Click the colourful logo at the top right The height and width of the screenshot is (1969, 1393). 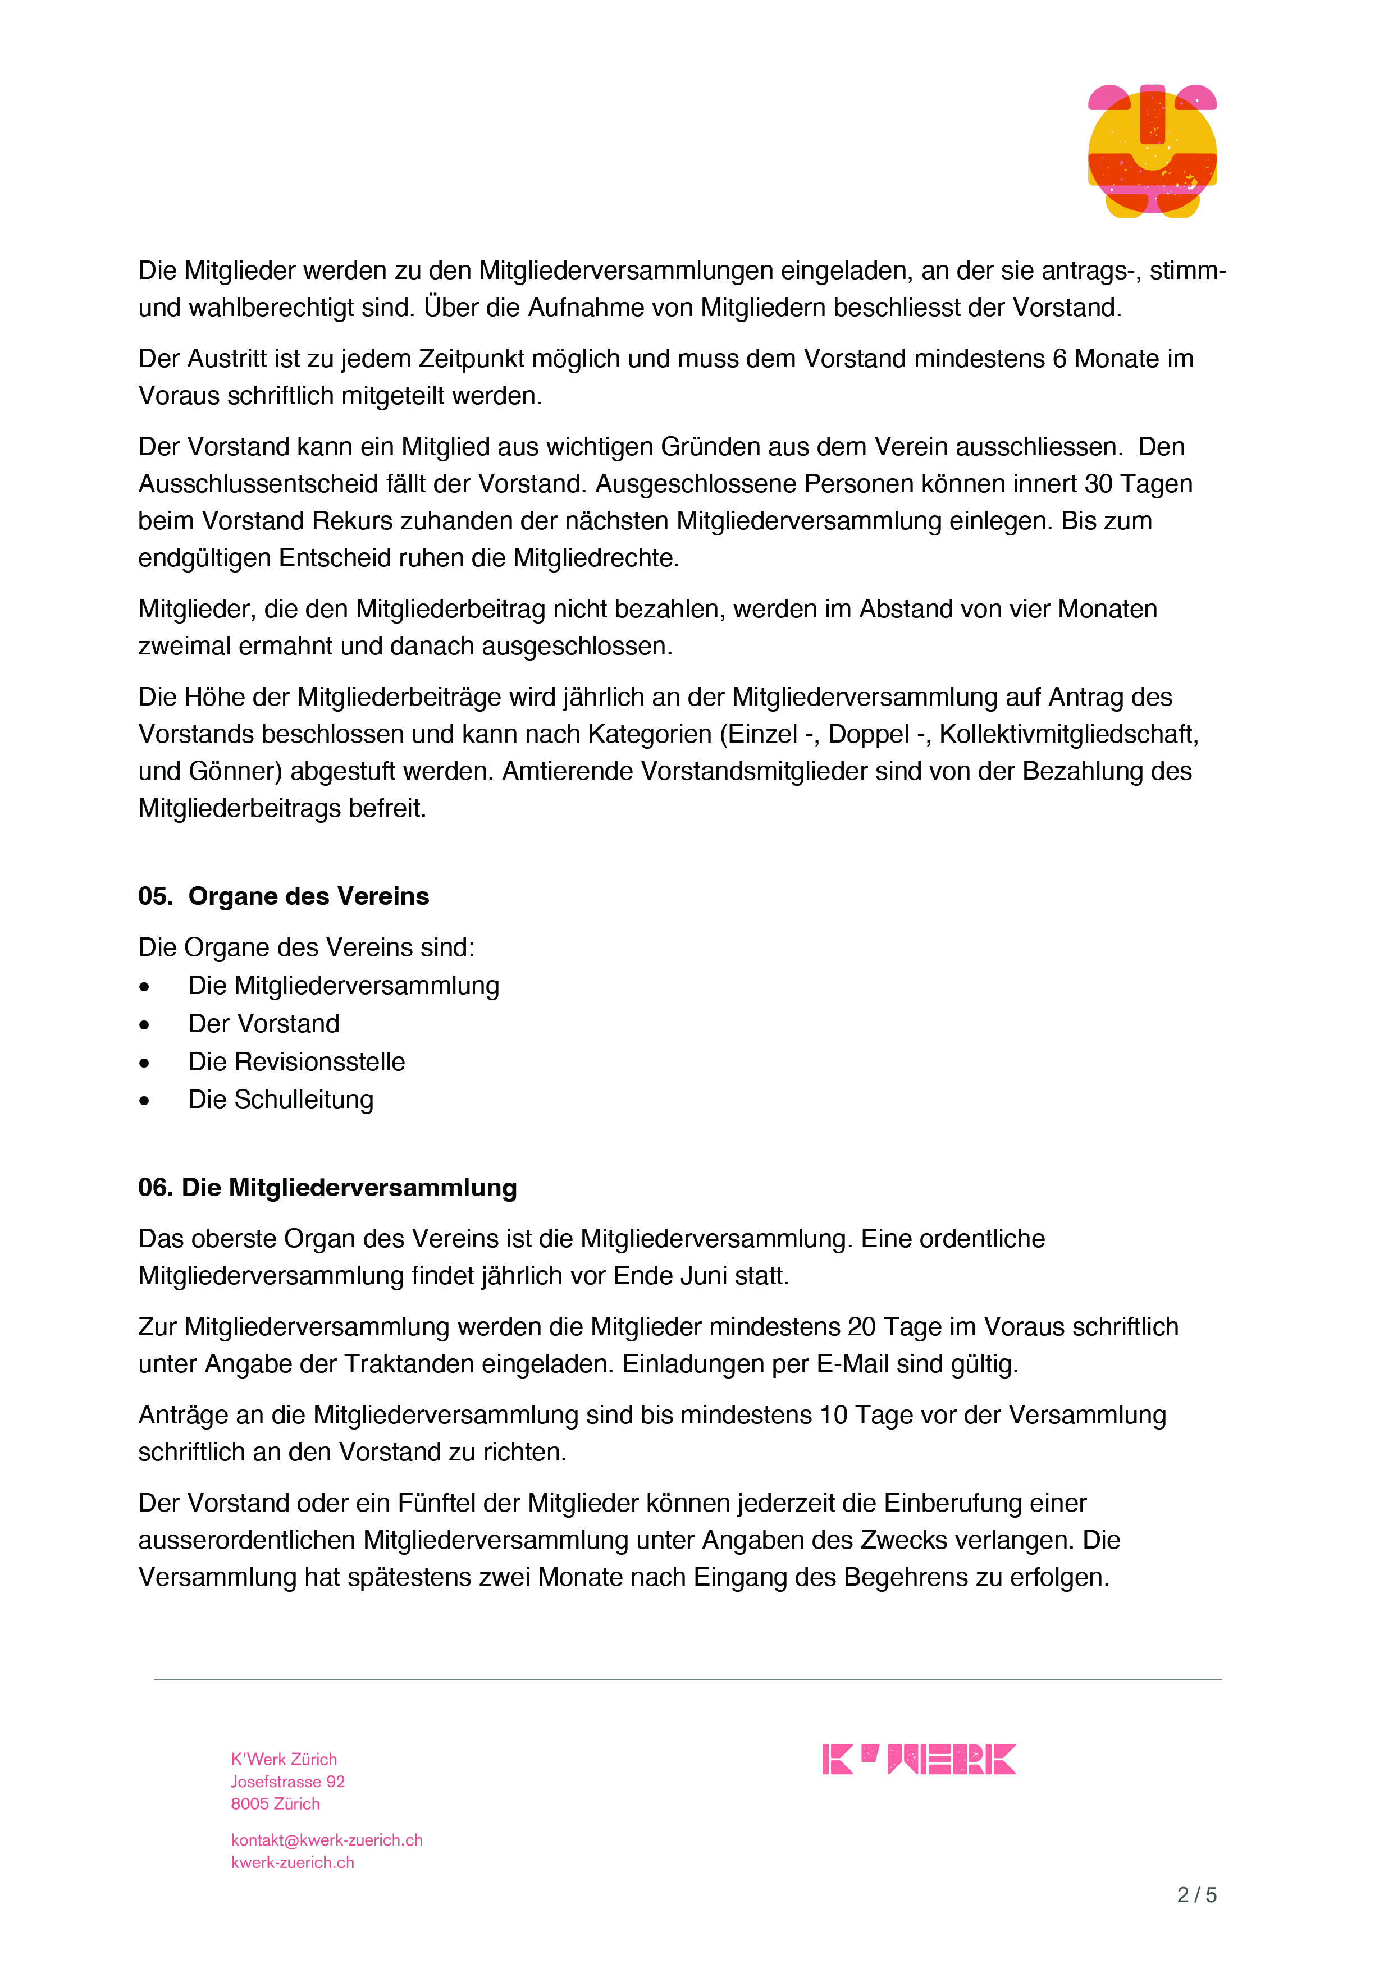pyautogui.click(x=1152, y=151)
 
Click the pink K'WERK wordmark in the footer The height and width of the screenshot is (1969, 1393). pyautogui.click(x=919, y=1759)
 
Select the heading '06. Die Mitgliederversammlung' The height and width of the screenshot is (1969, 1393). pyautogui.click(x=328, y=1188)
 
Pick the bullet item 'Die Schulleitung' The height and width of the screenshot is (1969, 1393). pyautogui.click(x=281, y=1100)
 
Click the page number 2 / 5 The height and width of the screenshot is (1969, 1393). pyautogui.click(x=1196, y=1895)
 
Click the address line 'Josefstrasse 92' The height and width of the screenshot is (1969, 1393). pyautogui.click(x=287, y=1781)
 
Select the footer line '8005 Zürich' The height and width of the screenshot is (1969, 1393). pyautogui.click(x=275, y=1803)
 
